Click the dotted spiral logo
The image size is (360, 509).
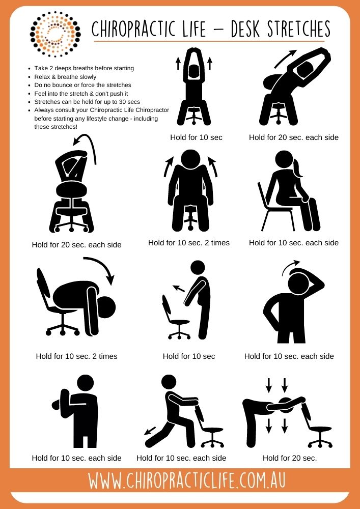55,34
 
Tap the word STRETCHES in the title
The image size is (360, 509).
299,29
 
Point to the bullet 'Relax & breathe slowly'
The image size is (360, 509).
65,77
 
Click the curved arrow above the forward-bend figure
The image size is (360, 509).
101,268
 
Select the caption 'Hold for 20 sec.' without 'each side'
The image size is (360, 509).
290,458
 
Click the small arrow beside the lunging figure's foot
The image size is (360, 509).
150,431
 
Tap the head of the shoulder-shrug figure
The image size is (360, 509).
190,159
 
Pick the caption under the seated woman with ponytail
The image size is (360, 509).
293,243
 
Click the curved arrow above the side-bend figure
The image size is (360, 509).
286,59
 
